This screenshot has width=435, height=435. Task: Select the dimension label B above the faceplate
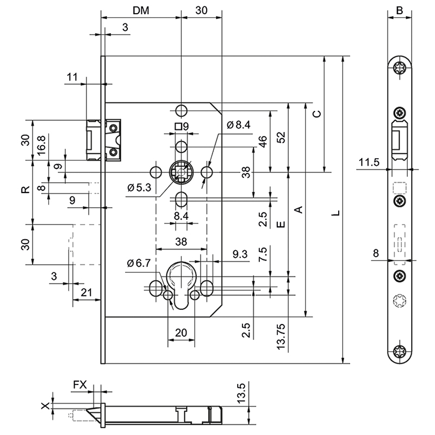click(399, 10)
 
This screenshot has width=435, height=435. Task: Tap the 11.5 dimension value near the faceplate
click(368, 161)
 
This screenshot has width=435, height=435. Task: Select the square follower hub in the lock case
click(181, 173)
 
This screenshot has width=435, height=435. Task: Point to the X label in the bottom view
click(46, 406)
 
